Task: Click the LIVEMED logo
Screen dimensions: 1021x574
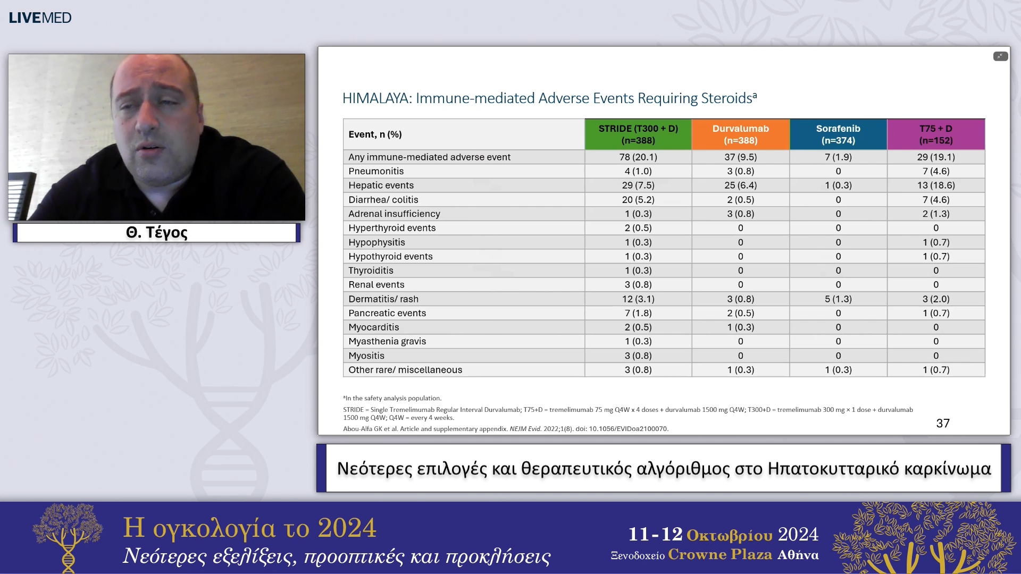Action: [40, 18]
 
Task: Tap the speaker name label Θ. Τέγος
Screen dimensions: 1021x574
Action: [157, 232]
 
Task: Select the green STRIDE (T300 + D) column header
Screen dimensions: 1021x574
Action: [638, 134]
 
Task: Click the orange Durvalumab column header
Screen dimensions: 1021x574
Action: [741, 134]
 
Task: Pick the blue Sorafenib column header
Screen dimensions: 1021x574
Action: [838, 134]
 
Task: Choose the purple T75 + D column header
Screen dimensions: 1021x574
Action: [936, 134]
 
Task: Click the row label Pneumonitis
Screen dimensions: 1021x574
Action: [376, 171]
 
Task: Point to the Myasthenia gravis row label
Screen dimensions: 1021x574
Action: [387, 341]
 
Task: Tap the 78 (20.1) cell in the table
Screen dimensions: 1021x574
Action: [638, 157]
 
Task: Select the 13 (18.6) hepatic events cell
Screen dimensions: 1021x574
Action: [936, 185]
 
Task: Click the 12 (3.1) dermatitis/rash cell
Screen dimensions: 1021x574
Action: [638, 299]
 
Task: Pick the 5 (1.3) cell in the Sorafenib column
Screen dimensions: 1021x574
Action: [838, 299]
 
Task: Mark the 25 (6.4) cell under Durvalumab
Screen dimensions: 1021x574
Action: [741, 185]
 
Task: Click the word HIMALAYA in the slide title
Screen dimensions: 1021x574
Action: [376, 98]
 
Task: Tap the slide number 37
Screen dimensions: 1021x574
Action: [943, 424]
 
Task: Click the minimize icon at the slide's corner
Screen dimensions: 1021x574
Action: [1000, 56]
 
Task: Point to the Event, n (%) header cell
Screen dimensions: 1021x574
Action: [375, 134]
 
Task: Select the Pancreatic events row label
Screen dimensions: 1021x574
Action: [387, 313]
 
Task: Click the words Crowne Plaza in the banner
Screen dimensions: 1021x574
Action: [720, 554]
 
